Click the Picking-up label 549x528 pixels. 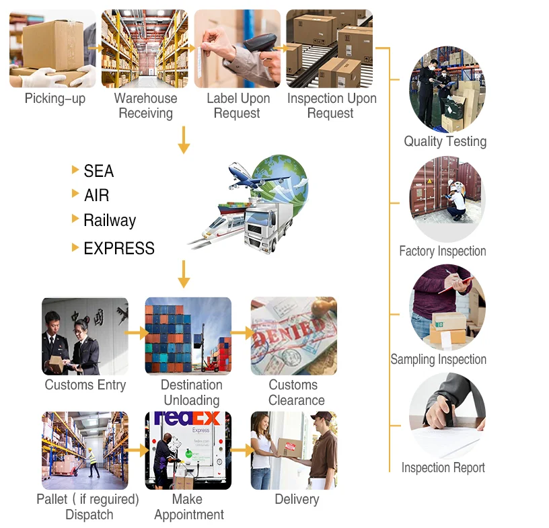pyautogui.click(x=55, y=99)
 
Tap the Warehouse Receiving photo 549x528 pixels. pyautogui.click(x=145, y=48)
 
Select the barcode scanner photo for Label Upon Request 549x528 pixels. pyautogui.click(x=237, y=48)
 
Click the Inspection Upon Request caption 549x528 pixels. pyautogui.click(x=332, y=106)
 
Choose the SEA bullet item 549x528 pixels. pyautogui.click(x=98, y=172)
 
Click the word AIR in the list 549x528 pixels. pyautogui.click(x=96, y=196)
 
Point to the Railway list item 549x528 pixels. pyautogui.click(x=109, y=221)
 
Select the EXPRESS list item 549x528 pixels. pyautogui.click(x=118, y=248)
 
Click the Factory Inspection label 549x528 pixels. pyautogui.click(x=442, y=252)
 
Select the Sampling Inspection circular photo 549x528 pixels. pyautogui.click(x=447, y=306)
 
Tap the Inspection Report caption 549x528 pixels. pyautogui.click(x=443, y=467)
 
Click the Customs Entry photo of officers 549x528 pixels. pyautogui.click(x=85, y=336)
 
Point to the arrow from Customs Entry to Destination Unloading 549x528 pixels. pyautogui.click(x=137, y=333)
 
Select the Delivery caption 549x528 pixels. pyautogui.click(x=297, y=499)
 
